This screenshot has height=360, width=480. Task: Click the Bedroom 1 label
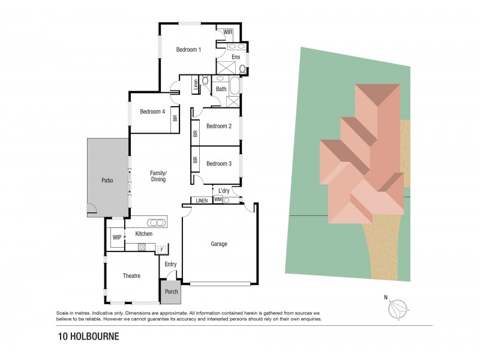click(188, 50)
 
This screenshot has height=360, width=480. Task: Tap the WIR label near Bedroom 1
click(228, 32)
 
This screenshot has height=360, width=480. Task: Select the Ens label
click(236, 58)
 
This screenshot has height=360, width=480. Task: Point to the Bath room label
click(221, 89)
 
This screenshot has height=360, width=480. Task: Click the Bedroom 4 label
click(152, 111)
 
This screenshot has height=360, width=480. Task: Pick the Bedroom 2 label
click(218, 126)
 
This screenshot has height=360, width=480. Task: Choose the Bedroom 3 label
click(218, 163)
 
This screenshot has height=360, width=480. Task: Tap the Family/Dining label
click(158, 176)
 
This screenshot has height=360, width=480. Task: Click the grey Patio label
click(107, 179)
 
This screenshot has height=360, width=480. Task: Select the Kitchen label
click(143, 233)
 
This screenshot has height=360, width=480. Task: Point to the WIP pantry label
click(116, 237)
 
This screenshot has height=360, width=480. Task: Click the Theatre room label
click(131, 276)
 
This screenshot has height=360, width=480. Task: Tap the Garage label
click(220, 244)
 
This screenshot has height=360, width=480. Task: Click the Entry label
click(170, 263)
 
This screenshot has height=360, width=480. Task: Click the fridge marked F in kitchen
click(161, 248)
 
